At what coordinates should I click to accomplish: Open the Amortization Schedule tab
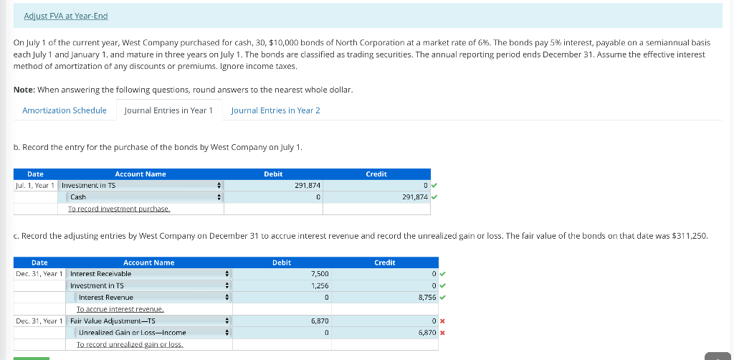pos(65,110)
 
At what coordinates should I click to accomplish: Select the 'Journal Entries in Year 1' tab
pos(168,110)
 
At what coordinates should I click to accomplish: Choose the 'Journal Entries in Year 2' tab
pos(275,110)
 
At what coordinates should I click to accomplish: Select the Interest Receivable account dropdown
pos(149,273)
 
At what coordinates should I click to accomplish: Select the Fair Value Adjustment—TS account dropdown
pos(149,321)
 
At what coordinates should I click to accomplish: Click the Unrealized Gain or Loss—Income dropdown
pos(153,332)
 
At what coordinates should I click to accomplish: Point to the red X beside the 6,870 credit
pos(443,333)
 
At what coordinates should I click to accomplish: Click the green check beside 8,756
pos(443,297)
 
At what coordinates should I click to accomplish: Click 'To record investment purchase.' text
pos(119,209)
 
